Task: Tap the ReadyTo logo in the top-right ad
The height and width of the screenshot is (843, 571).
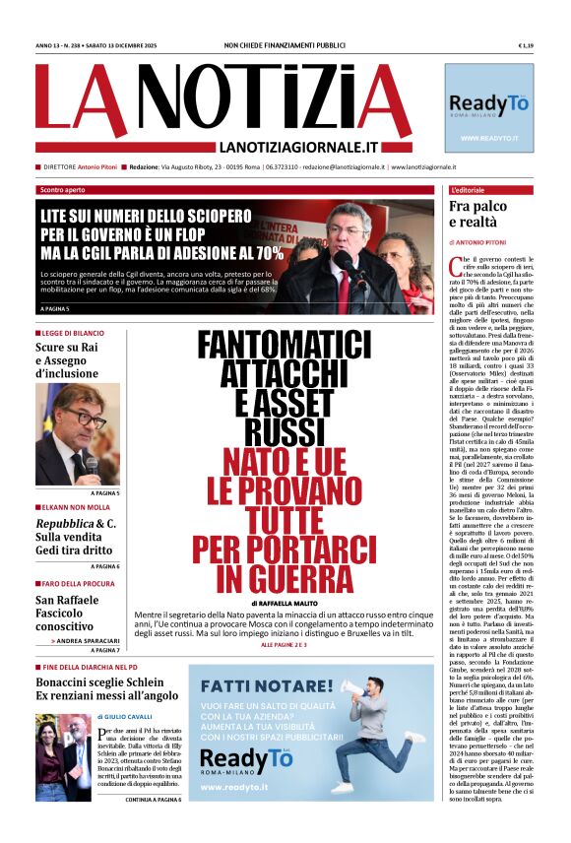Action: click(488, 105)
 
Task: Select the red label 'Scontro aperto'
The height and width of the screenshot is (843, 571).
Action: click(62, 189)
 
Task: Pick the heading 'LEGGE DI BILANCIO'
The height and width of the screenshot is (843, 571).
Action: click(75, 334)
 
